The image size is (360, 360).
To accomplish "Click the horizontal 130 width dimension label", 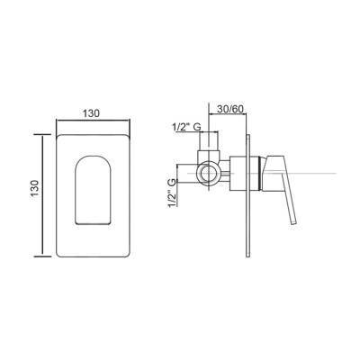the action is coord(91,113).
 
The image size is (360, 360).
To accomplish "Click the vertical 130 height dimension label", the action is coord(35,188).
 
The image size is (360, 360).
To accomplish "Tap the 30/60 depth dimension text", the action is coord(229,109).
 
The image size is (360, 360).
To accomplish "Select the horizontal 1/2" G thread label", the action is coord(186,127).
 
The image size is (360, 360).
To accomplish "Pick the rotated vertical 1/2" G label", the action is coord(172,193).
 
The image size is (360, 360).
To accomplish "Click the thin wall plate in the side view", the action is coord(247,195).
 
